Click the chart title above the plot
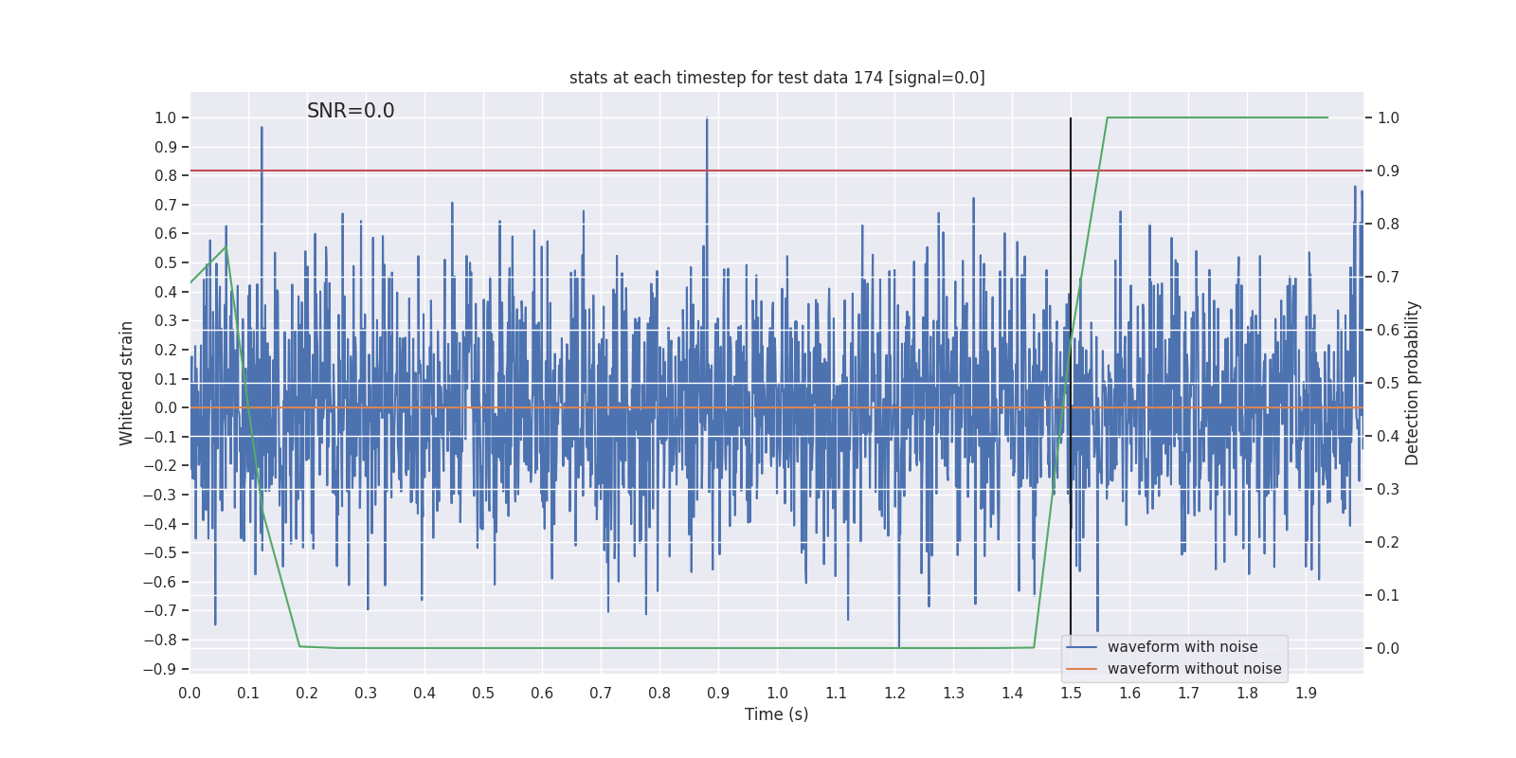coord(777,78)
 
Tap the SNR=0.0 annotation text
coord(351,111)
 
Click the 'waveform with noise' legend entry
coord(1182,647)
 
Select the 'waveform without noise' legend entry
coord(1193,669)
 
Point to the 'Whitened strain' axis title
coord(127,383)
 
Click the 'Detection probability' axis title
coord(1413,383)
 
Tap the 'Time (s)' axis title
coord(776,714)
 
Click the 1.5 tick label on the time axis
coord(1071,694)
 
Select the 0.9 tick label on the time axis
coord(718,694)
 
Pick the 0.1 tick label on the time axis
coord(248,694)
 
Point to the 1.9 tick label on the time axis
coord(1306,694)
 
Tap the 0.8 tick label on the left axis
coord(165,176)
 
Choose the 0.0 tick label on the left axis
coord(165,408)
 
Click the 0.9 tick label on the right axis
coord(1388,171)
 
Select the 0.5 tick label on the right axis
coord(1388,384)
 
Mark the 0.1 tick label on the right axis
coord(1388,596)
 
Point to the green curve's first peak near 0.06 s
coord(226,247)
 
